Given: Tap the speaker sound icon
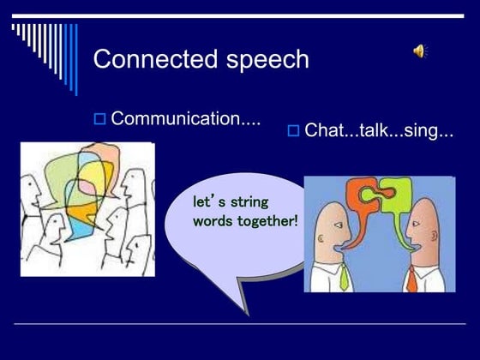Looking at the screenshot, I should tap(420, 51).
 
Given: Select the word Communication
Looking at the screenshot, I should tap(185, 118).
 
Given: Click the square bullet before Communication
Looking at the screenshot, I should tap(99, 119).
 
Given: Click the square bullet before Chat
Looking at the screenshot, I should tap(292, 131).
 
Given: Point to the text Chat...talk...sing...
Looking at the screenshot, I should tap(378, 131).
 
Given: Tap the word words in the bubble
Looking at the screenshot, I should tap(211, 220).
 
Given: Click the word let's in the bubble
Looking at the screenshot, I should tap(209, 203).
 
